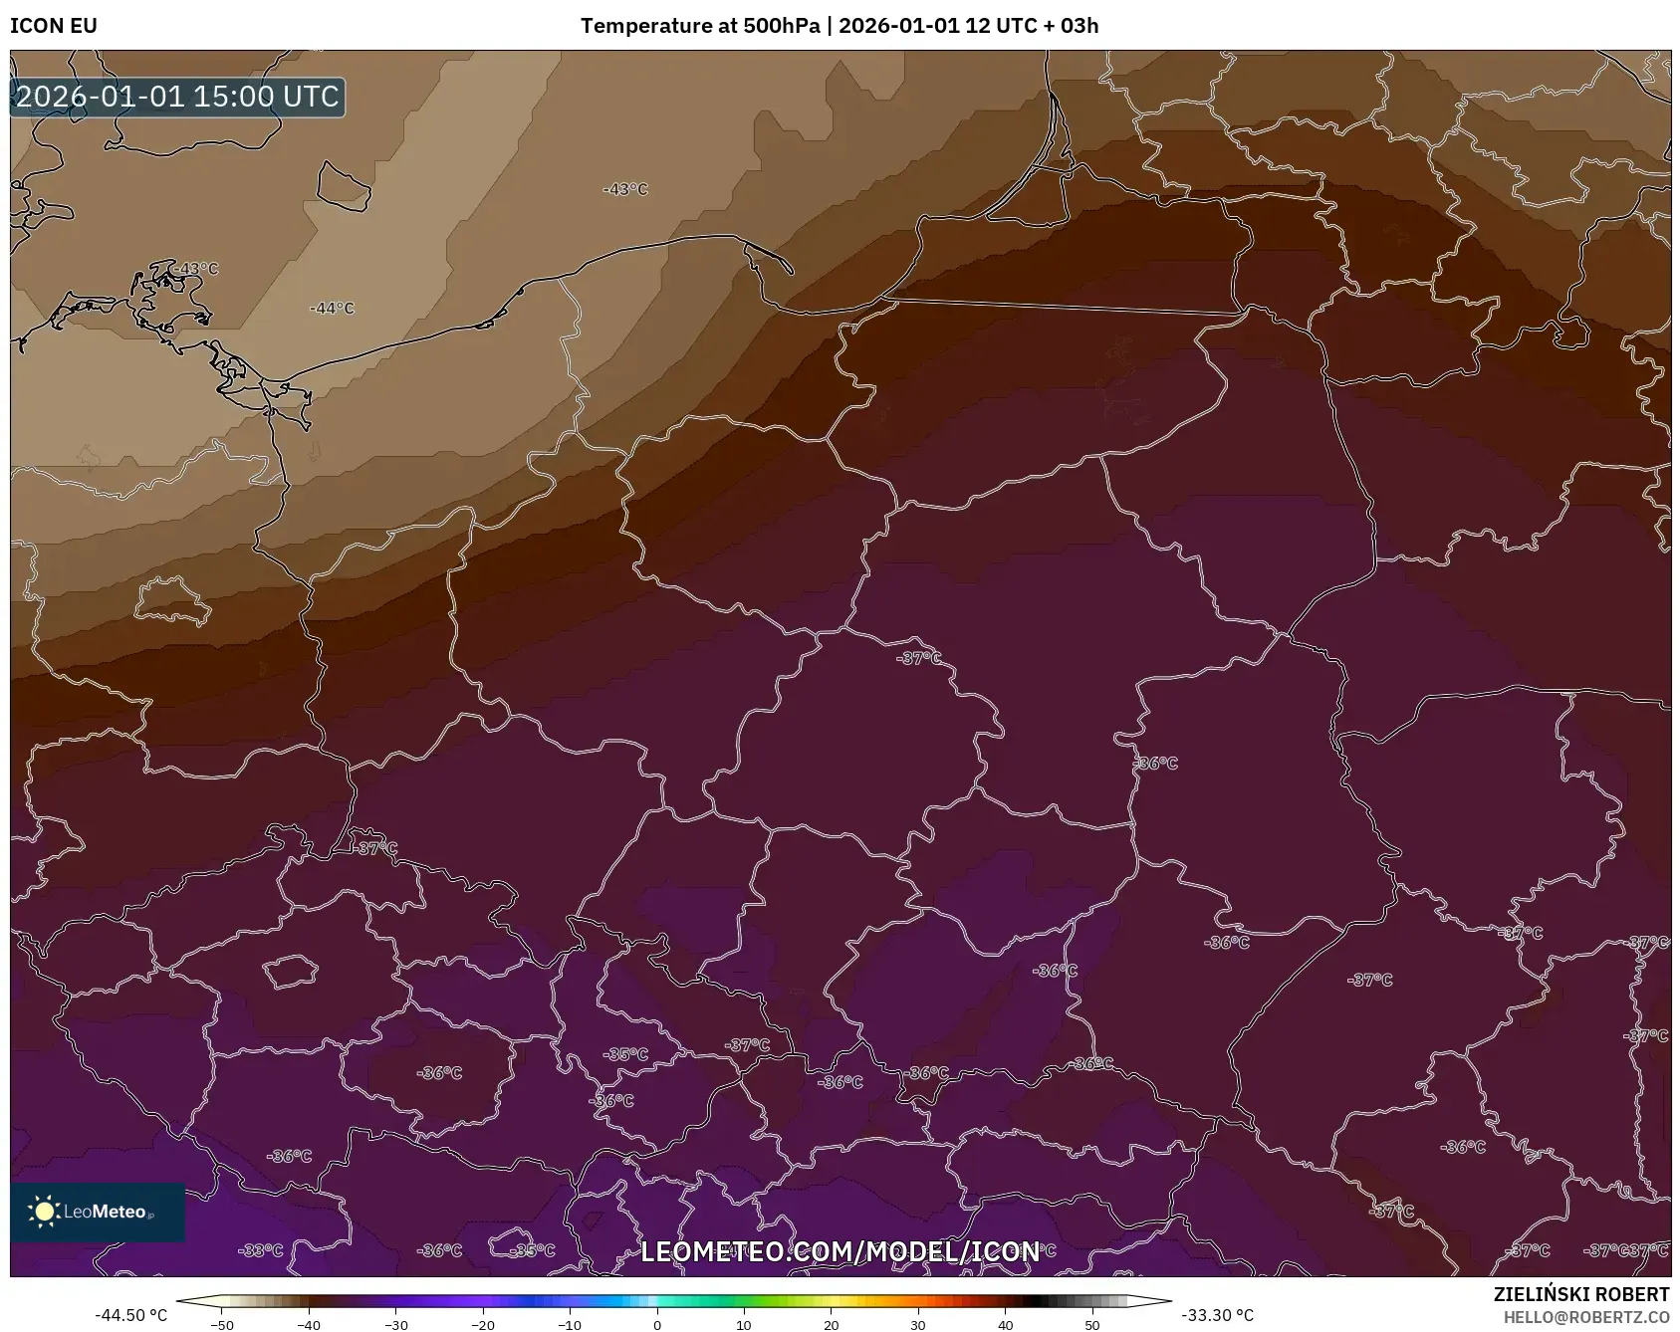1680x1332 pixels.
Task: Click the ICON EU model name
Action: click(x=54, y=26)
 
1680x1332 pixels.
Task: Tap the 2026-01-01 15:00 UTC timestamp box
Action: click(x=177, y=97)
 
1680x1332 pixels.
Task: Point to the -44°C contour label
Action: click(x=332, y=309)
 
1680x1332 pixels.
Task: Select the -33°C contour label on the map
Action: click(x=262, y=1250)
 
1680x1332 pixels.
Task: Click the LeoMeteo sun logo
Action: click(x=45, y=1212)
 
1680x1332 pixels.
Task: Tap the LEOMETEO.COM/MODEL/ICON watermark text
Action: click(x=840, y=1251)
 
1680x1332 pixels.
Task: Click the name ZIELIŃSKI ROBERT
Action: click(x=1581, y=1294)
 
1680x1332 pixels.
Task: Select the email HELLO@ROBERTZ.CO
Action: click(x=1586, y=1317)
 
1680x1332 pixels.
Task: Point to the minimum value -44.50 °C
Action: click(x=131, y=1315)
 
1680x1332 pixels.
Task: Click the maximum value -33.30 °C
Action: click(x=1217, y=1315)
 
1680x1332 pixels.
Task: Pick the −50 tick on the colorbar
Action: click(x=222, y=1324)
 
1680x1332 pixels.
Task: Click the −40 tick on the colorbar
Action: click(x=309, y=1324)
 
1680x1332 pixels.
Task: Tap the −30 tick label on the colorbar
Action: click(x=396, y=1324)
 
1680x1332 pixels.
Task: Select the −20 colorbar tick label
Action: click(x=483, y=1324)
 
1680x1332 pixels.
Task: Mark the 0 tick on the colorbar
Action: click(x=657, y=1324)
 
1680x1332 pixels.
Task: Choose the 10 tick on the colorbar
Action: click(x=744, y=1324)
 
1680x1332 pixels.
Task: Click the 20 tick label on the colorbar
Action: click(x=832, y=1324)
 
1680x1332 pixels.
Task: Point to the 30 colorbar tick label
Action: click(x=918, y=1324)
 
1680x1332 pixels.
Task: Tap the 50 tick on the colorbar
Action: click(x=1092, y=1324)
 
